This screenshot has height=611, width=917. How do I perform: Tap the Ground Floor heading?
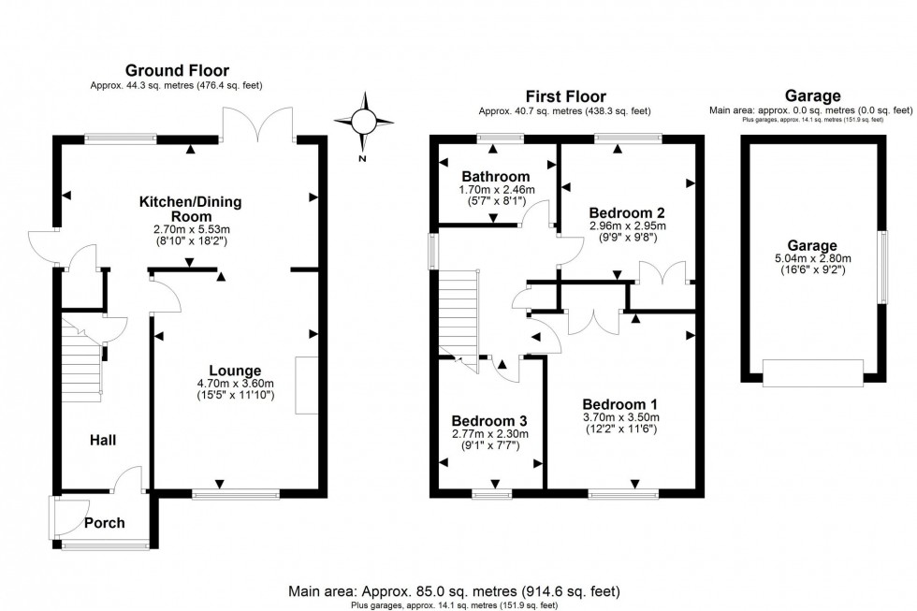(x=178, y=70)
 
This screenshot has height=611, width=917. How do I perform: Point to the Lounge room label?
(x=235, y=370)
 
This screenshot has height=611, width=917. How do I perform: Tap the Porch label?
(x=104, y=523)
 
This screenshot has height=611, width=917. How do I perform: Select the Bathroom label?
(x=496, y=176)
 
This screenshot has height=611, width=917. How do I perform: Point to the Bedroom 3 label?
(x=489, y=420)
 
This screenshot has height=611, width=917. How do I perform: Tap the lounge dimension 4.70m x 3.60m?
(x=235, y=384)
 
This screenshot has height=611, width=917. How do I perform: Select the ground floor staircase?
(x=81, y=356)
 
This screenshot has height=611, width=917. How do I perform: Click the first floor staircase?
(x=458, y=313)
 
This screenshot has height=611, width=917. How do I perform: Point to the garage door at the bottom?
(x=810, y=372)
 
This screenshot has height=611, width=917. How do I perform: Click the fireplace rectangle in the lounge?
(x=305, y=385)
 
